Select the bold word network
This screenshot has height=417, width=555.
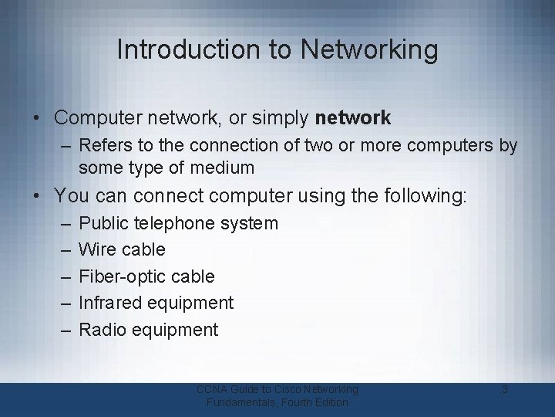coord(353,118)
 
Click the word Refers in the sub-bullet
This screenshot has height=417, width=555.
coord(103,145)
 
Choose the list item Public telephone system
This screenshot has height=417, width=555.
coord(179,224)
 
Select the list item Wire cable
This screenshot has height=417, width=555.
coord(123,250)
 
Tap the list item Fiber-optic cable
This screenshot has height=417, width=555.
coord(147,276)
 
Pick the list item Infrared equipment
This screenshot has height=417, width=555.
coord(156,303)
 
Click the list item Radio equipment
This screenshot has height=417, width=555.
coord(149,330)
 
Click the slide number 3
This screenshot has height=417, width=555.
coord(505,390)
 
